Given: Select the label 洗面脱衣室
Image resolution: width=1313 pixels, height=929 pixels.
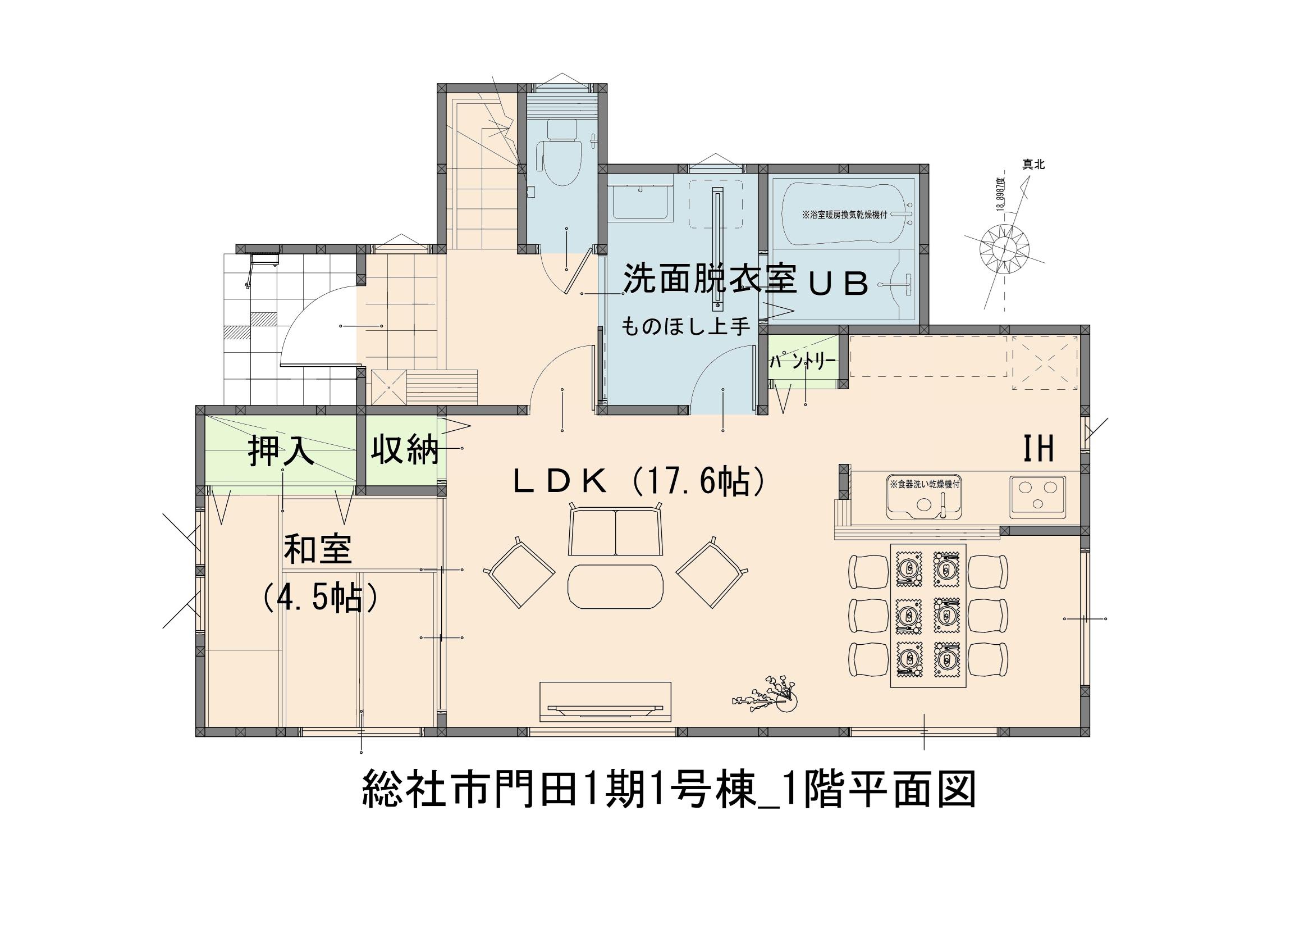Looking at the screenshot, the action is point(709,279).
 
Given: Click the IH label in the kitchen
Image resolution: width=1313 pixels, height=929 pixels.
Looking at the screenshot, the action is point(1038,449).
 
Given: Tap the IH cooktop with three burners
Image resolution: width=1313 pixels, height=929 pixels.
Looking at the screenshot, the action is point(1037,497).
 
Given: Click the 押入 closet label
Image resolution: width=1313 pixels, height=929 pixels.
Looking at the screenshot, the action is point(281,452).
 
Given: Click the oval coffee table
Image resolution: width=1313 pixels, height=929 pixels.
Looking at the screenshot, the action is point(615,589).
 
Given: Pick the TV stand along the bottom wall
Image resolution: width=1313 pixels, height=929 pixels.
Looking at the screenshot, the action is point(606,702).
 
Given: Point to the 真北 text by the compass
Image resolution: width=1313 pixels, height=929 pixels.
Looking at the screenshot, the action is point(1033,165).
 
